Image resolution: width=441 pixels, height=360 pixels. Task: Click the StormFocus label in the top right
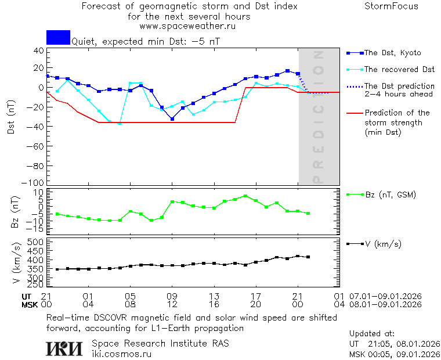[x=391, y=6]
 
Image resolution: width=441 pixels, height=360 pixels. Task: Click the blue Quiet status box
[x=58, y=37]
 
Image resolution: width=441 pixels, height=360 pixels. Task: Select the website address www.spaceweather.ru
[x=187, y=26]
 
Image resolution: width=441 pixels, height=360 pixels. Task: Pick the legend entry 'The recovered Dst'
[x=399, y=70]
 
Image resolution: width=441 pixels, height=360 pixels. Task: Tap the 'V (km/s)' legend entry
[x=382, y=244]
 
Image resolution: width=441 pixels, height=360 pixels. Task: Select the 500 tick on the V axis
[x=36, y=242]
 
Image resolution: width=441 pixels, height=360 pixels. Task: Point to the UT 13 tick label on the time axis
[x=214, y=296]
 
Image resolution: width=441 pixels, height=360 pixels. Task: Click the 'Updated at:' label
[x=371, y=334]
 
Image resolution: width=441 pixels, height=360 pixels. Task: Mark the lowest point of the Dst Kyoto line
[x=172, y=118]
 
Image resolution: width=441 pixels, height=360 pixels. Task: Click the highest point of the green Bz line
[x=245, y=196]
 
